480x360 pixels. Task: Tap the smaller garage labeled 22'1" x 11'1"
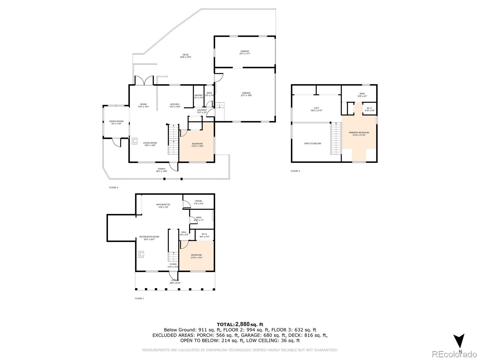coord(244,52)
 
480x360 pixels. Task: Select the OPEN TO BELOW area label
coord(312,143)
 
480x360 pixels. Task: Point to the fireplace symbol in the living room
coord(134,141)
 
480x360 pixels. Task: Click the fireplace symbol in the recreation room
coord(141,254)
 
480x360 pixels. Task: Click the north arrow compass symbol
coord(459,341)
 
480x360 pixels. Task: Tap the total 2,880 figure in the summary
coord(242,324)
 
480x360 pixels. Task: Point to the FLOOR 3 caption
coord(295,171)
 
